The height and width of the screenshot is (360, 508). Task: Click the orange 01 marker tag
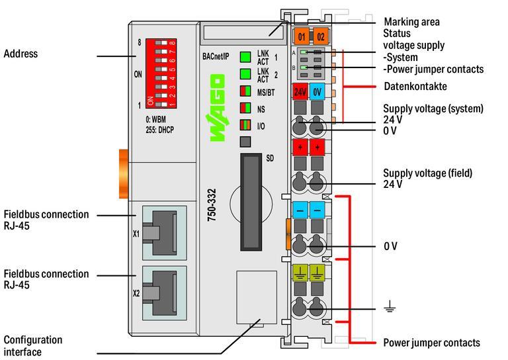302,36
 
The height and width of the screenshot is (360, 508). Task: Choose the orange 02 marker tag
319,36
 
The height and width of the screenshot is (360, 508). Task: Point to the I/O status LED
245,124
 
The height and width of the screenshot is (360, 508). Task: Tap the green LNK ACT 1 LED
245,57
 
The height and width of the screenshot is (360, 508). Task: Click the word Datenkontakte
415,87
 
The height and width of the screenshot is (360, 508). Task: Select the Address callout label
21,53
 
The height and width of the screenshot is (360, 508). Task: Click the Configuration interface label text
33,345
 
